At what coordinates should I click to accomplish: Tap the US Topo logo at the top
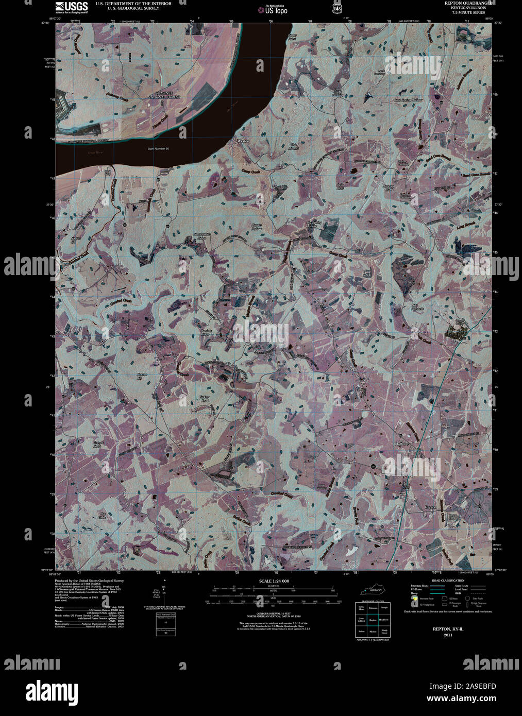click(x=273, y=9)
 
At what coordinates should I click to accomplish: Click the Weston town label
click(x=243, y=140)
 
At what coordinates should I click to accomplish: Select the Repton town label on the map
click(x=430, y=507)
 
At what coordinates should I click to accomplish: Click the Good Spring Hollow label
click(x=408, y=100)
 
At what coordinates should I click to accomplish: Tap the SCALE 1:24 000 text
click(x=274, y=581)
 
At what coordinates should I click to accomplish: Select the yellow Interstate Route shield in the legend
click(x=415, y=599)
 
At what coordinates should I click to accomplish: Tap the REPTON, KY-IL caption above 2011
click(x=443, y=629)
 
